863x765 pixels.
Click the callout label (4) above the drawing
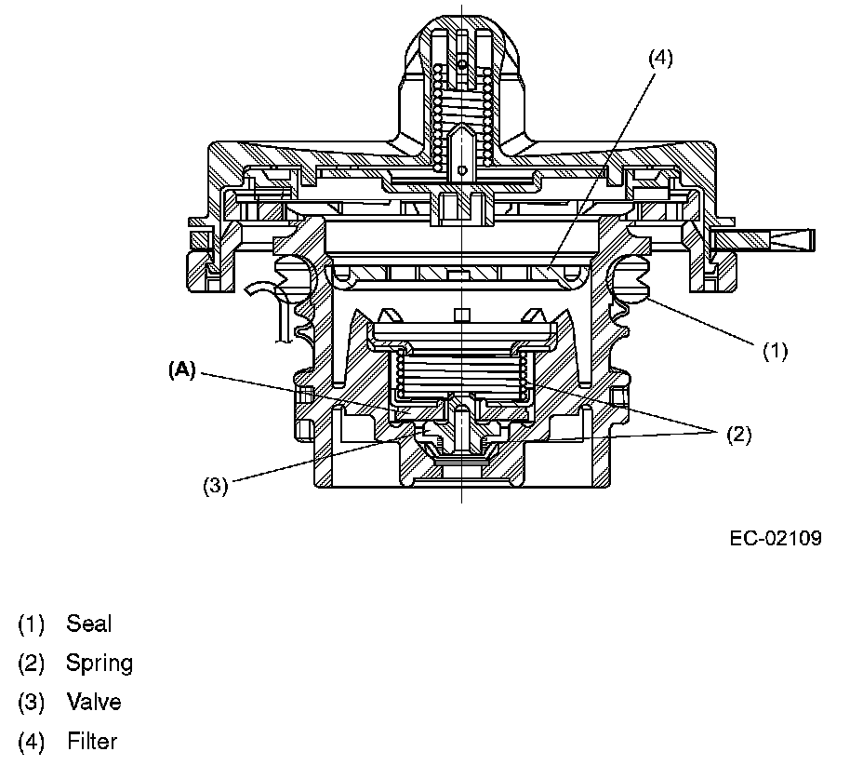coord(659,58)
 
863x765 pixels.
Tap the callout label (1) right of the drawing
coord(775,351)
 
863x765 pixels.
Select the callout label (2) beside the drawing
coord(737,434)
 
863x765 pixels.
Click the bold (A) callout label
coord(182,369)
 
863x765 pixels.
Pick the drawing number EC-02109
coord(776,538)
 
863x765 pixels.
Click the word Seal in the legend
coord(88,624)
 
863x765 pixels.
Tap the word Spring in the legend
coord(99,664)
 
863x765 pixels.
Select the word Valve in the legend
coord(93,702)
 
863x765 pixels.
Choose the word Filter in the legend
coord(92,742)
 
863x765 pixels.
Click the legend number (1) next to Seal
coord(31,624)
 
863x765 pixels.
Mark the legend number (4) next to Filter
coord(31,742)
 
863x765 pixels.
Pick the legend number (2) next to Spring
coord(31,664)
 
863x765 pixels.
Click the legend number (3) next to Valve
coord(31,703)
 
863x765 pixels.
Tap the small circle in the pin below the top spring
coord(462,170)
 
